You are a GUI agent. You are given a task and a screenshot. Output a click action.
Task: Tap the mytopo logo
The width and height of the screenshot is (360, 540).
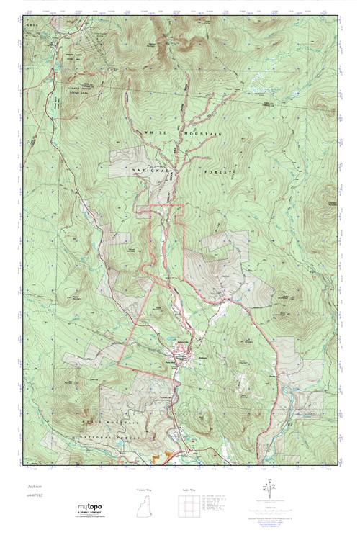pyautogui.click(x=91, y=508)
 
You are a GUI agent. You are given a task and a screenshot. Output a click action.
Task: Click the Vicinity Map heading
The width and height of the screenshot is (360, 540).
pyautogui.click(x=145, y=489)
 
